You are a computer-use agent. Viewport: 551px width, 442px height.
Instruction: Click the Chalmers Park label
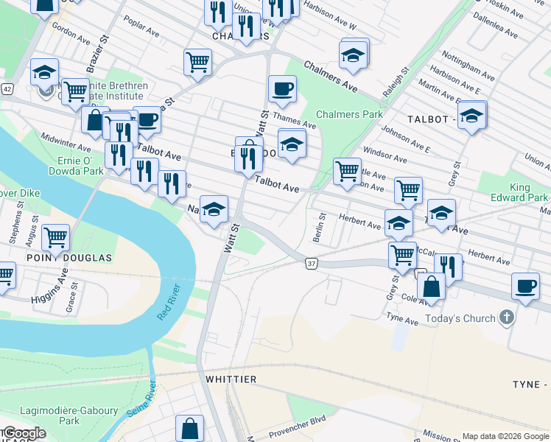pos(349,114)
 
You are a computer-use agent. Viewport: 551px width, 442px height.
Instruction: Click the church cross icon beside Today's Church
pos(505,318)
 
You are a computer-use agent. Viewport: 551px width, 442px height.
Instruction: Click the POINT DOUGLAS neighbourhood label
pos(69,258)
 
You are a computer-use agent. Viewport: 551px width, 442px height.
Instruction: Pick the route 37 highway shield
pos(312,264)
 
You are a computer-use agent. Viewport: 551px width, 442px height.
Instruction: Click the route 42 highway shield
pos(7,88)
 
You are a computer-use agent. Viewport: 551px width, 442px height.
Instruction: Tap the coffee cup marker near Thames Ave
pos(282,91)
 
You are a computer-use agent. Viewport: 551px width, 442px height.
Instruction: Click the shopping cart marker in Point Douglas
pos(55,238)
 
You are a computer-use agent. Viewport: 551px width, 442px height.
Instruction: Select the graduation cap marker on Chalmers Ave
pos(353,55)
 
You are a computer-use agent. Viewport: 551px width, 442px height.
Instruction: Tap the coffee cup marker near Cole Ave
pos(525,287)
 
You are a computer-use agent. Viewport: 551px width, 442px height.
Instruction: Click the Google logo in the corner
pos(24,432)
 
